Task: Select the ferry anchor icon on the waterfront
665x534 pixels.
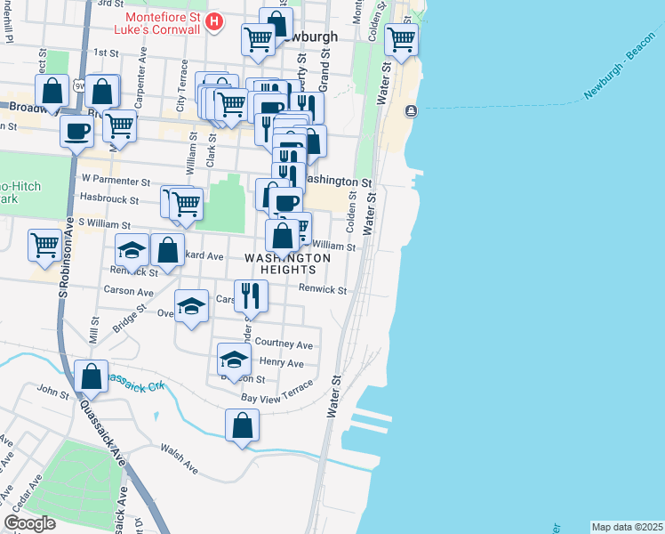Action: [x=411, y=111]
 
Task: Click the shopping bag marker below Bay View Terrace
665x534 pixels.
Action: [x=242, y=425]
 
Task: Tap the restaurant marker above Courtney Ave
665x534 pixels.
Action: [x=252, y=295]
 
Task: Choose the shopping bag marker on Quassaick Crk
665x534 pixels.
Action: [x=91, y=376]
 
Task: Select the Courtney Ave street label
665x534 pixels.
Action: [x=284, y=344]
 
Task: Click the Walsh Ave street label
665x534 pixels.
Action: [x=179, y=457]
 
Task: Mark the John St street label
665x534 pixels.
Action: [x=46, y=389]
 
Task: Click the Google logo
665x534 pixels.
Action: [x=30, y=523]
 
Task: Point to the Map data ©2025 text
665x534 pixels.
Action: [x=627, y=527]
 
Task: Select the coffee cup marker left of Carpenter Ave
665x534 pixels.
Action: [x=76, y=130]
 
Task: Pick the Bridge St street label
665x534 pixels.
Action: [x=129, y=318]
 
